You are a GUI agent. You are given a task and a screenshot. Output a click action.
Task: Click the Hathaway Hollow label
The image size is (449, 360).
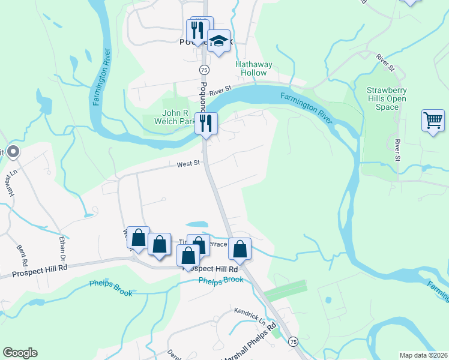(x=253, y=68)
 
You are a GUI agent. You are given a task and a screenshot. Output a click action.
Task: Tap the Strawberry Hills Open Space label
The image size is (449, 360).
(x=387, y=98)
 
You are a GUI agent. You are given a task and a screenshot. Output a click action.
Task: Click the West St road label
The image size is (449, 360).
(x=187, y=164)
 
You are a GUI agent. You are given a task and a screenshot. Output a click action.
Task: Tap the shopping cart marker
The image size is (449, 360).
(x=433, y=121)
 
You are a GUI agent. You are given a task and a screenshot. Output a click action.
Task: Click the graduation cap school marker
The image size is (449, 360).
(x=219, y=41)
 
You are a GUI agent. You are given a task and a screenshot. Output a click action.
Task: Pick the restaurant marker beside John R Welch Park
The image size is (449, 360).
(x=205, y=124)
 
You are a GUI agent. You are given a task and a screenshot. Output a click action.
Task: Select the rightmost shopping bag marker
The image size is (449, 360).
(x=240, y=249)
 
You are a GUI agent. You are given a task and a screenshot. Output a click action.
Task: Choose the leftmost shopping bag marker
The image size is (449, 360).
(x=138, y=238)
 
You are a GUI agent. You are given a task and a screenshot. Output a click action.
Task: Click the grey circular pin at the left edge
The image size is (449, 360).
(x=13, y=152)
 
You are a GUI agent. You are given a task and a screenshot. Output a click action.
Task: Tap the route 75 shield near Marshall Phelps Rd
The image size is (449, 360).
(x=292, y=341)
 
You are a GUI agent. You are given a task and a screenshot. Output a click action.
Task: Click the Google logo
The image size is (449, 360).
(x=20, y=353)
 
